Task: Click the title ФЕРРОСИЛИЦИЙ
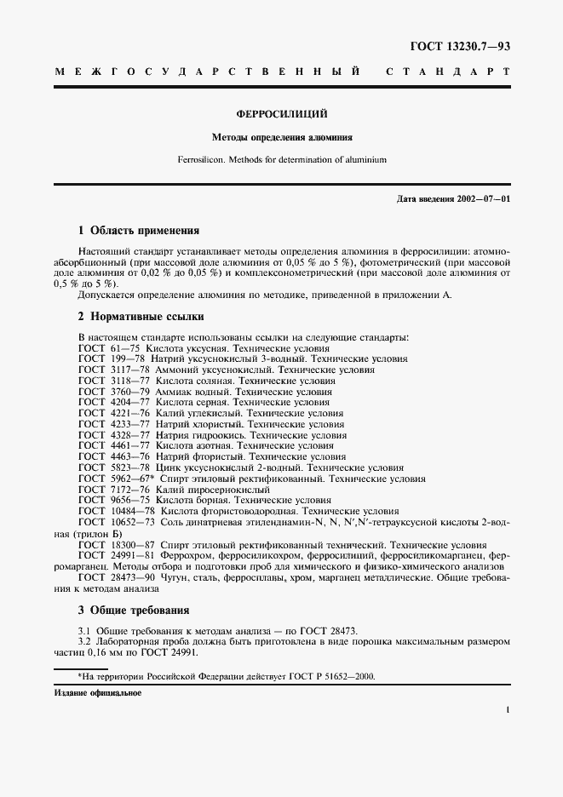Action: (x=281, y=113)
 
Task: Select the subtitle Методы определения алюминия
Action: (x=281, y=136)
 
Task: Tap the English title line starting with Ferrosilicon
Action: (x=281, y=158)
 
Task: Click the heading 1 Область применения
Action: (x=138, y=230)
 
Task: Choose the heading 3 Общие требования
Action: (x=135, y=610)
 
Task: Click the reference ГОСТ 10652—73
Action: (x=117, y=522)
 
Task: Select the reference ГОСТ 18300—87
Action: (x=117, y=545)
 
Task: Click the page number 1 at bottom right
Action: (x=507, y=710)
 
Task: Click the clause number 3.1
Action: (x=84, y=630)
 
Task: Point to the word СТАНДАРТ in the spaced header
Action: (x=448, y=72)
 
